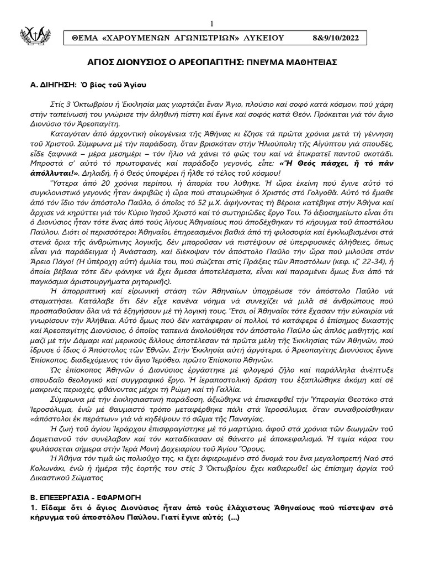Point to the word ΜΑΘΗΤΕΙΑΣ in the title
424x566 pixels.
(x=309, y=63)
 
